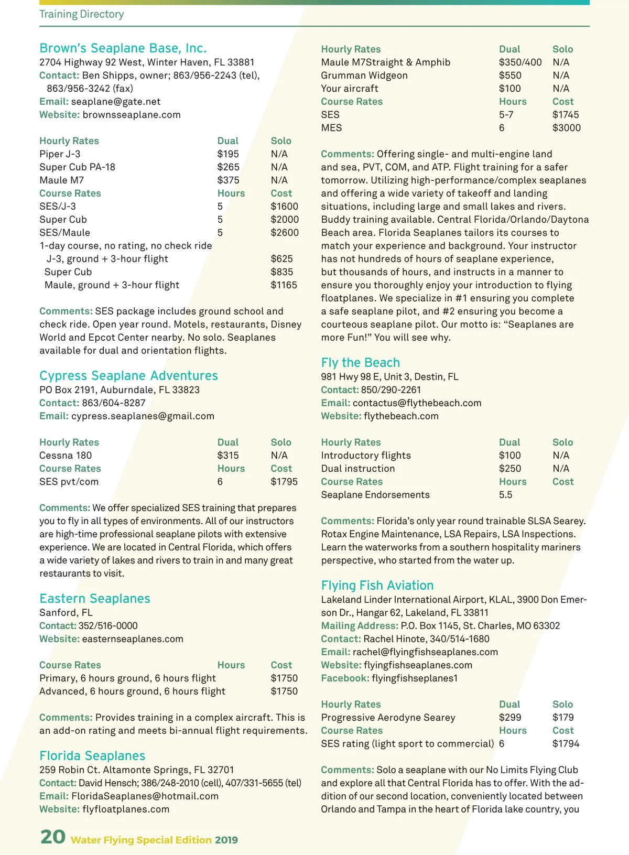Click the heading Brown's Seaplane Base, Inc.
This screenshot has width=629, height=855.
tap(123, 48)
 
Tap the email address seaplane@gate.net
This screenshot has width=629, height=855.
tap(115, 102)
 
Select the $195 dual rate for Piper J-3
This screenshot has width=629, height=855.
tap(228, 154)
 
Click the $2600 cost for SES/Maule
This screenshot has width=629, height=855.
tap(285, 233)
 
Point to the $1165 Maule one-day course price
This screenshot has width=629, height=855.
tap(284, 285)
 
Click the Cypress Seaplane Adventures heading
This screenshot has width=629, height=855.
tap(128, 376)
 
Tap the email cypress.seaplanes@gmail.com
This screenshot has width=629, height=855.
tap(143, 416)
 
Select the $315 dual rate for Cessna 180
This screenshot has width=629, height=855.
tap(228, 456)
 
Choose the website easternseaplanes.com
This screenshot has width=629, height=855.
tap(133, 639)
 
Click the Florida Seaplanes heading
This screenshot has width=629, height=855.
tap(92, 756)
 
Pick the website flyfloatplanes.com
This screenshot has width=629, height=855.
tap(126, 809)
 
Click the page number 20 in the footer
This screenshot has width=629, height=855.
tap(53, 837)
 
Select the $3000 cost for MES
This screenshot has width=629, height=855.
tap(566, 128)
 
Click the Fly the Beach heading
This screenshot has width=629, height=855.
tap(360, 363)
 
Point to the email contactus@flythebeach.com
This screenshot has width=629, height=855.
tap(417, 403)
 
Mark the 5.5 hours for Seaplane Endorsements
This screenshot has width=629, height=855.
tap(505, 495)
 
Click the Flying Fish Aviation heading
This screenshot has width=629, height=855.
tap(377, 586)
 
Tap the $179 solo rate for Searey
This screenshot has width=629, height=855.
tap(563, 718)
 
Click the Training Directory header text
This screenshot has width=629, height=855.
tap(82, 14)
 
